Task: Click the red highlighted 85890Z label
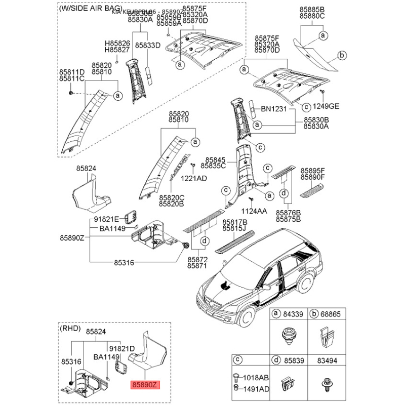pos(145,385)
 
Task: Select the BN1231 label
pos(274,109)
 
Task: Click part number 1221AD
pos(195,178)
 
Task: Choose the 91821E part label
pos(106,219)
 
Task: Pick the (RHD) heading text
pos(70,329)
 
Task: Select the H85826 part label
pos(117,44)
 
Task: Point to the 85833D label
pos(147,45)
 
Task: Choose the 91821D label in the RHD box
pos(121,349)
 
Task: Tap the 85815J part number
pos(235,229)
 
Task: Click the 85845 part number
pos(213,158)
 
